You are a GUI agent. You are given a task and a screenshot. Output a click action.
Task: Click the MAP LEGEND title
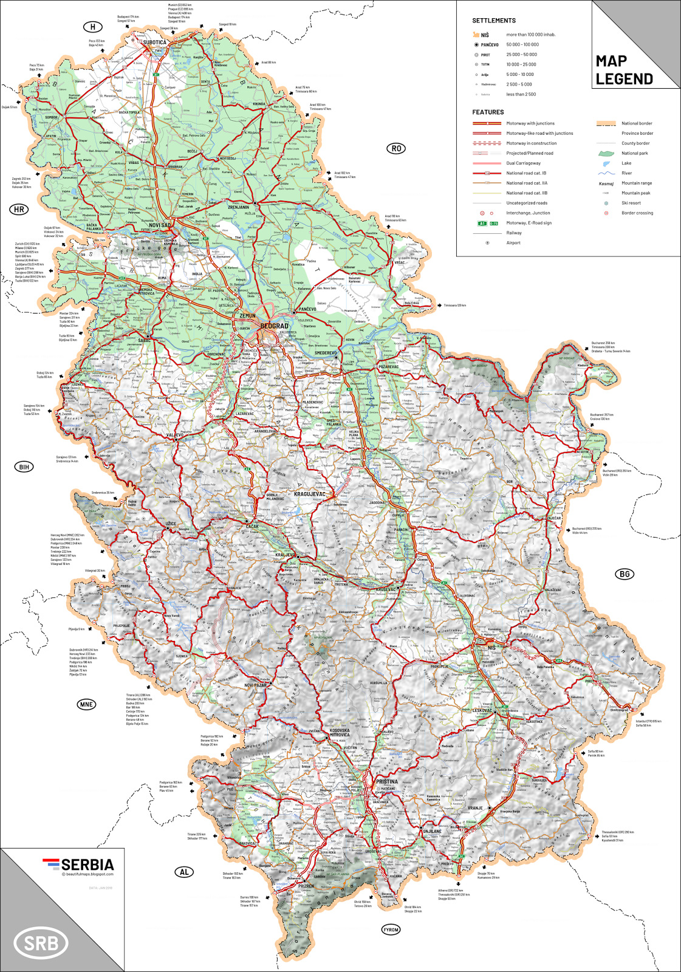tap(624, 70)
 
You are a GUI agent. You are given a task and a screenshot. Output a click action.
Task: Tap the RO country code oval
tap(396, 148)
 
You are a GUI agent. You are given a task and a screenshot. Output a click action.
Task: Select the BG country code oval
tap(624, 573)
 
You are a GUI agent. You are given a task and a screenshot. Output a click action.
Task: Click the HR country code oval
tap(19, 210)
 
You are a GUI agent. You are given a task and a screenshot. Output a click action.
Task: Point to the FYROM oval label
tap(391, 929)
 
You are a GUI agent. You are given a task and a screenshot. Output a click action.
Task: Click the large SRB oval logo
tap(41, 943)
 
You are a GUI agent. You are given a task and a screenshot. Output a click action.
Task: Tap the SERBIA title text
tap(87, 864)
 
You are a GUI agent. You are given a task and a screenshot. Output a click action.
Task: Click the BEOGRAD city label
tap(274, 326)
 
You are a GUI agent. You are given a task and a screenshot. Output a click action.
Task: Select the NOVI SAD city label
tap(160, 225)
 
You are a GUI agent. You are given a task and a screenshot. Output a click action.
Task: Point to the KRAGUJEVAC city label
tap(309, 494)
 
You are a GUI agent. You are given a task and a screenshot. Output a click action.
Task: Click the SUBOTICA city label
tap(154, 43)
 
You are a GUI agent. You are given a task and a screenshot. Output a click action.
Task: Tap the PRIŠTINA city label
tap(387, 781)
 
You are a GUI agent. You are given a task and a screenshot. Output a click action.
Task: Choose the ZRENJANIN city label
tap(238, 207)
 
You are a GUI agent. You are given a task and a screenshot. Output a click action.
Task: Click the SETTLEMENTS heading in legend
tap(493, 21)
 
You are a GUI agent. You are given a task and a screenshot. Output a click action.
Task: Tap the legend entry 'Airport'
tap(513, 242)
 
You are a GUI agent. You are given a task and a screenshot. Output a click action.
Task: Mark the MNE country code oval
tap(86, 704)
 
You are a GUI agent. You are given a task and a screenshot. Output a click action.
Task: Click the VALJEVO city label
tap(174, 435)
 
